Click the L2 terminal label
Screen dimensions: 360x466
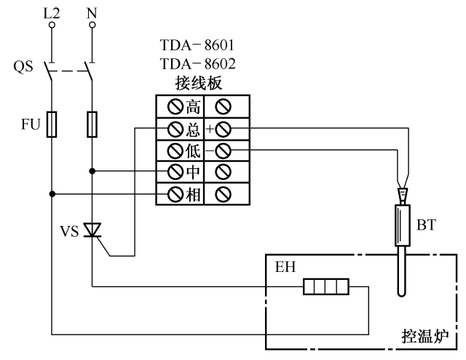tap(52, 12)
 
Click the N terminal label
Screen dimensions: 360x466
tap(92, 12)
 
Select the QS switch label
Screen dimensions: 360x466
tap(23, 68)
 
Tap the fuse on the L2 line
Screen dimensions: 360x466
tap(52, 124)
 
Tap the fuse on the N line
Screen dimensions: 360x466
tap(92, 124)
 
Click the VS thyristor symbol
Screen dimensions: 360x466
tap(92, 230)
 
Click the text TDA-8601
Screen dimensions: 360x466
tap(197, 46)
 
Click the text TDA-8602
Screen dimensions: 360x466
tap(197, 63)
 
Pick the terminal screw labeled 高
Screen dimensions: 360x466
tap(175, 108)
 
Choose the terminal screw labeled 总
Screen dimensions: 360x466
tap(175, 129)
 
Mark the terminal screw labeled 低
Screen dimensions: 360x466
tap(175, 151)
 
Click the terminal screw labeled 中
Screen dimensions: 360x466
tap(175, 172)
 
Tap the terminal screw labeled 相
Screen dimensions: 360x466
tap(175, 194)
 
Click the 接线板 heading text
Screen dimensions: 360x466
tap(197, 82)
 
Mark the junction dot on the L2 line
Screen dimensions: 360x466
tap(52, 194)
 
